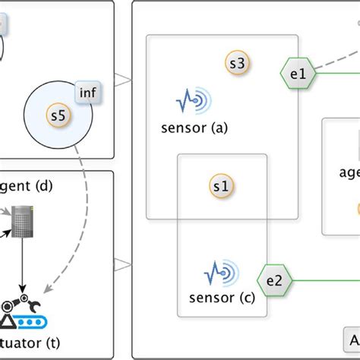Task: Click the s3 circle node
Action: pyautogui.click(x=236, y=65)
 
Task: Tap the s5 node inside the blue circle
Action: pyautogui.click(x=58, y=116)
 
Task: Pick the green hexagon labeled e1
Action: pyautogui.click(x=297, y=74)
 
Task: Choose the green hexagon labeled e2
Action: pyautogui.click(x=274, y=280)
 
